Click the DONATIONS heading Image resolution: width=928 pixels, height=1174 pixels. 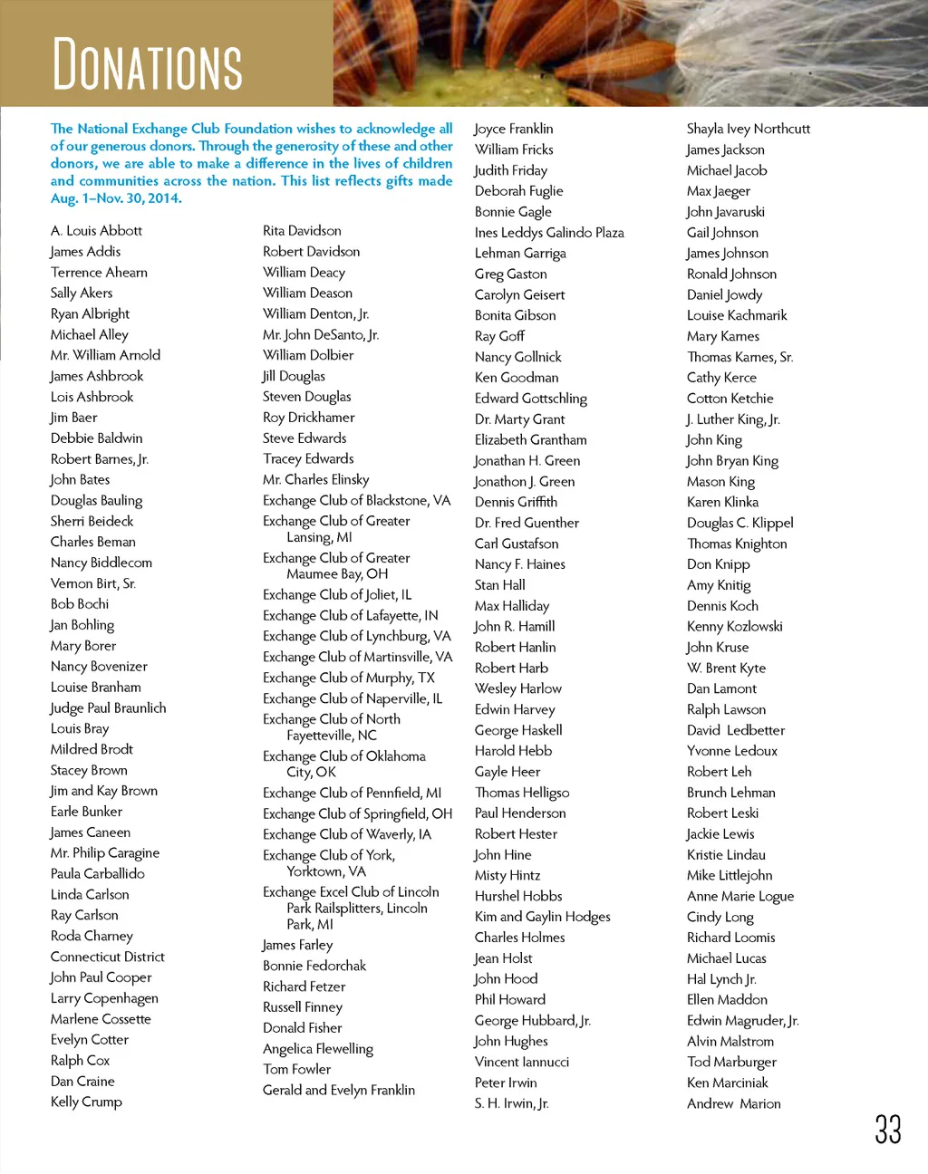(x=148, y=64)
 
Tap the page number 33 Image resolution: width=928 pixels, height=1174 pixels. (x=887, y=1130)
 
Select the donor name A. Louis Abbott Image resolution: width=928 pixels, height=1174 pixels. (x=96, y=231)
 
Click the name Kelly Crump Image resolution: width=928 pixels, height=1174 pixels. (x=86, y=1102)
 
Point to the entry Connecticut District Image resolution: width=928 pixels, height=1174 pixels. (x=108, y=957)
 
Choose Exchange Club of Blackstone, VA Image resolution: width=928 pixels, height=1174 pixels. (x=356, y=501)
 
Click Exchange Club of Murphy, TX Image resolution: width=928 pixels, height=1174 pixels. (x=349, y=678)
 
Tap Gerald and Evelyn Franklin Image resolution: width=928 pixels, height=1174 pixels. (x=339, y=1090)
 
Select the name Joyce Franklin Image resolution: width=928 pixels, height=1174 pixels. (x=514, y=129)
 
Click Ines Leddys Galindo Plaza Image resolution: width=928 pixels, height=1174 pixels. (x=549, y=233)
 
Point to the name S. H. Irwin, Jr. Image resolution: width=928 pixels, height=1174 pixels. (x=512, y=1103)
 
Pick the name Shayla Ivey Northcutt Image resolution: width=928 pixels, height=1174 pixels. (x=749, y=129)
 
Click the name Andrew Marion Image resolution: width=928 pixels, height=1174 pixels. (x=734, y=1103)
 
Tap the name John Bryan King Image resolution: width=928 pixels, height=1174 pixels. (x=732, y=460)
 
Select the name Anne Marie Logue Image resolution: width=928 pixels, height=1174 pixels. (x=740, y=896)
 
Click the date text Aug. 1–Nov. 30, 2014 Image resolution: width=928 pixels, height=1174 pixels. (x=116, y=198)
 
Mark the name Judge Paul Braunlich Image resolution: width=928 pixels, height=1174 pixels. (x=109, y=707)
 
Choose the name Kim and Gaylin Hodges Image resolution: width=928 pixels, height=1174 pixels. (x=543, y=917)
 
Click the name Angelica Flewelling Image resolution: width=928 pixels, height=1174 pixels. (x=318, y=1049)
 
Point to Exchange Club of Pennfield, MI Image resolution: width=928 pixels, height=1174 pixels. (x=353, y=793)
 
